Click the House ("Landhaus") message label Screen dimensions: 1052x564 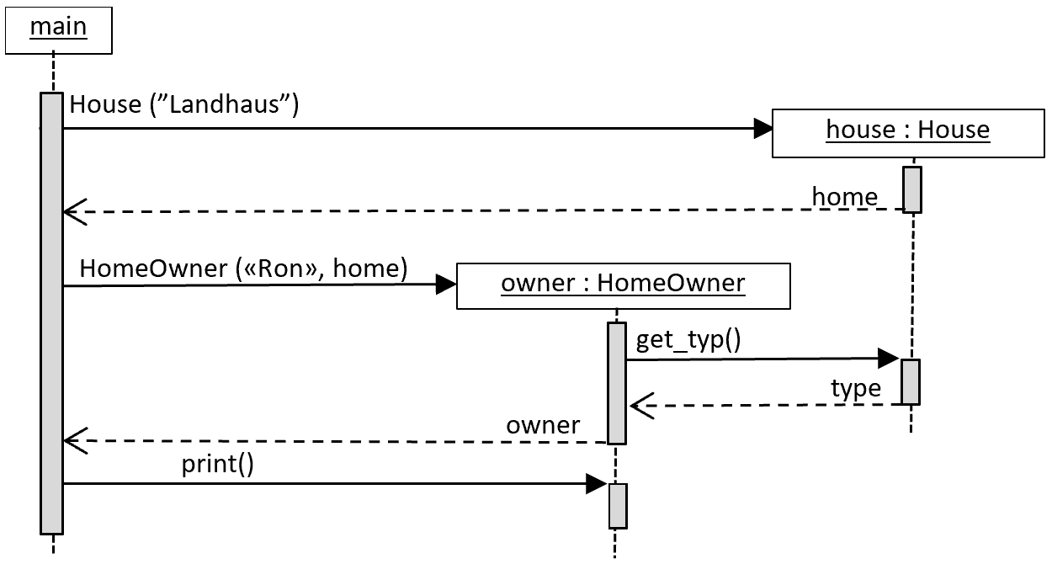point(184,104)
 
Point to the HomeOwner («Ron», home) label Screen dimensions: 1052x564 point(243,269)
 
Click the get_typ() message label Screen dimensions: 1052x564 point(688,339)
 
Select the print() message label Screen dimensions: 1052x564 point(217,465)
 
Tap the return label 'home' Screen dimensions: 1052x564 point(845,196)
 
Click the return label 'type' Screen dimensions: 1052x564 point(856,388)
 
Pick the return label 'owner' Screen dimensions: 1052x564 point(543,425)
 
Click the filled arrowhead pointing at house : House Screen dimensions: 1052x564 point(763,129)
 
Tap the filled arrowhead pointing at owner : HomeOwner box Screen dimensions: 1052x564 point(446,285)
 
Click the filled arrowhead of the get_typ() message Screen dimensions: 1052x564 point(889,359)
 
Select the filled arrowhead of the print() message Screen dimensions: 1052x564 point(597,484)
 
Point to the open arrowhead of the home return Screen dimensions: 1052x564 point(75,212)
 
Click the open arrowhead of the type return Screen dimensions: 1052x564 point(642,406)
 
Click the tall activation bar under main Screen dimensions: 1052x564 point(51,314)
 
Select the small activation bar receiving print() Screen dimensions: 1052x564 point(618,506)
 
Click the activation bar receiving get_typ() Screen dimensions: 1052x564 point(911,382)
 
